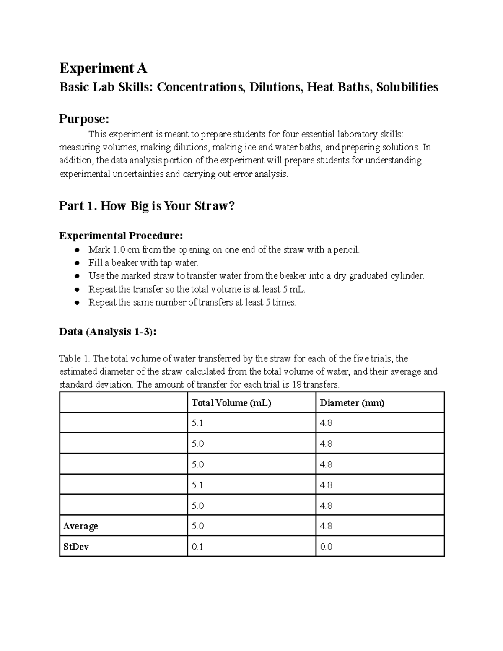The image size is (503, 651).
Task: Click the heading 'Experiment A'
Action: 103,68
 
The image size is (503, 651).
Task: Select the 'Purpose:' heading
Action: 84,119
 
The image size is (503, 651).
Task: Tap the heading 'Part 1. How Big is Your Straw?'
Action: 147,206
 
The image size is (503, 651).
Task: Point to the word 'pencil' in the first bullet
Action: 347,250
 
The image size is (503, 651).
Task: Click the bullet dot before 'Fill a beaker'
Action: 77,263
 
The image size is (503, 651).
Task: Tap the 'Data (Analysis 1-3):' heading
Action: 108,332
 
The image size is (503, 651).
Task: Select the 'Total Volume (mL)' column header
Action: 231,403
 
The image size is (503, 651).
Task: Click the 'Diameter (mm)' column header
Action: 352,403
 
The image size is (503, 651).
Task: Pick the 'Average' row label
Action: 80,526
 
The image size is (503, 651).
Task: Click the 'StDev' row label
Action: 76,547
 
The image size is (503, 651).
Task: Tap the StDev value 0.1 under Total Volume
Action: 197,547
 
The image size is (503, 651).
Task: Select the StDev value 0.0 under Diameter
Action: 326,547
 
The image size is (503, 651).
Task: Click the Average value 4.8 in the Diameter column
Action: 326,526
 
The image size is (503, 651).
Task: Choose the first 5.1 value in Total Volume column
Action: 197,423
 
